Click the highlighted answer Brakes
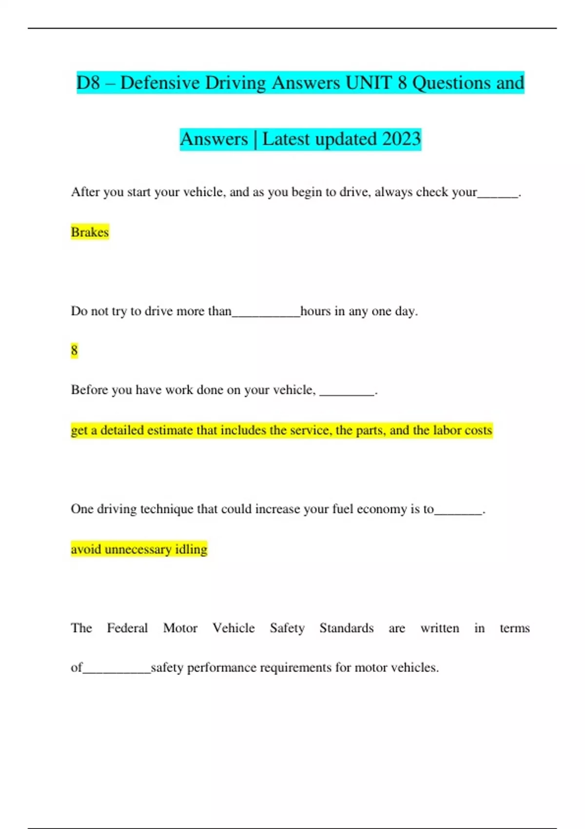click(x=90, y=232)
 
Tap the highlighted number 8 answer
click(x=74, y=350)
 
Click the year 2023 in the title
click(x=401, y=139)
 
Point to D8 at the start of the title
click(x=88, y=83)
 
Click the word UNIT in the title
click(x=369, y=83)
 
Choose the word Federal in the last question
click(x=127, y=628)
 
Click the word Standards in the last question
click(x=347, y=628)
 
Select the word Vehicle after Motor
click(x=234, y=628)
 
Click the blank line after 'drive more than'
click(x=266, y=315)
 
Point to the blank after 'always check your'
click(x=498, y=195)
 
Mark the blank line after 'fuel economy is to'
click(x=458, y=512)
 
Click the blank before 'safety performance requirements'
click(x=117, y=671)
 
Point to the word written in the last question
click(x=440, y=628)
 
